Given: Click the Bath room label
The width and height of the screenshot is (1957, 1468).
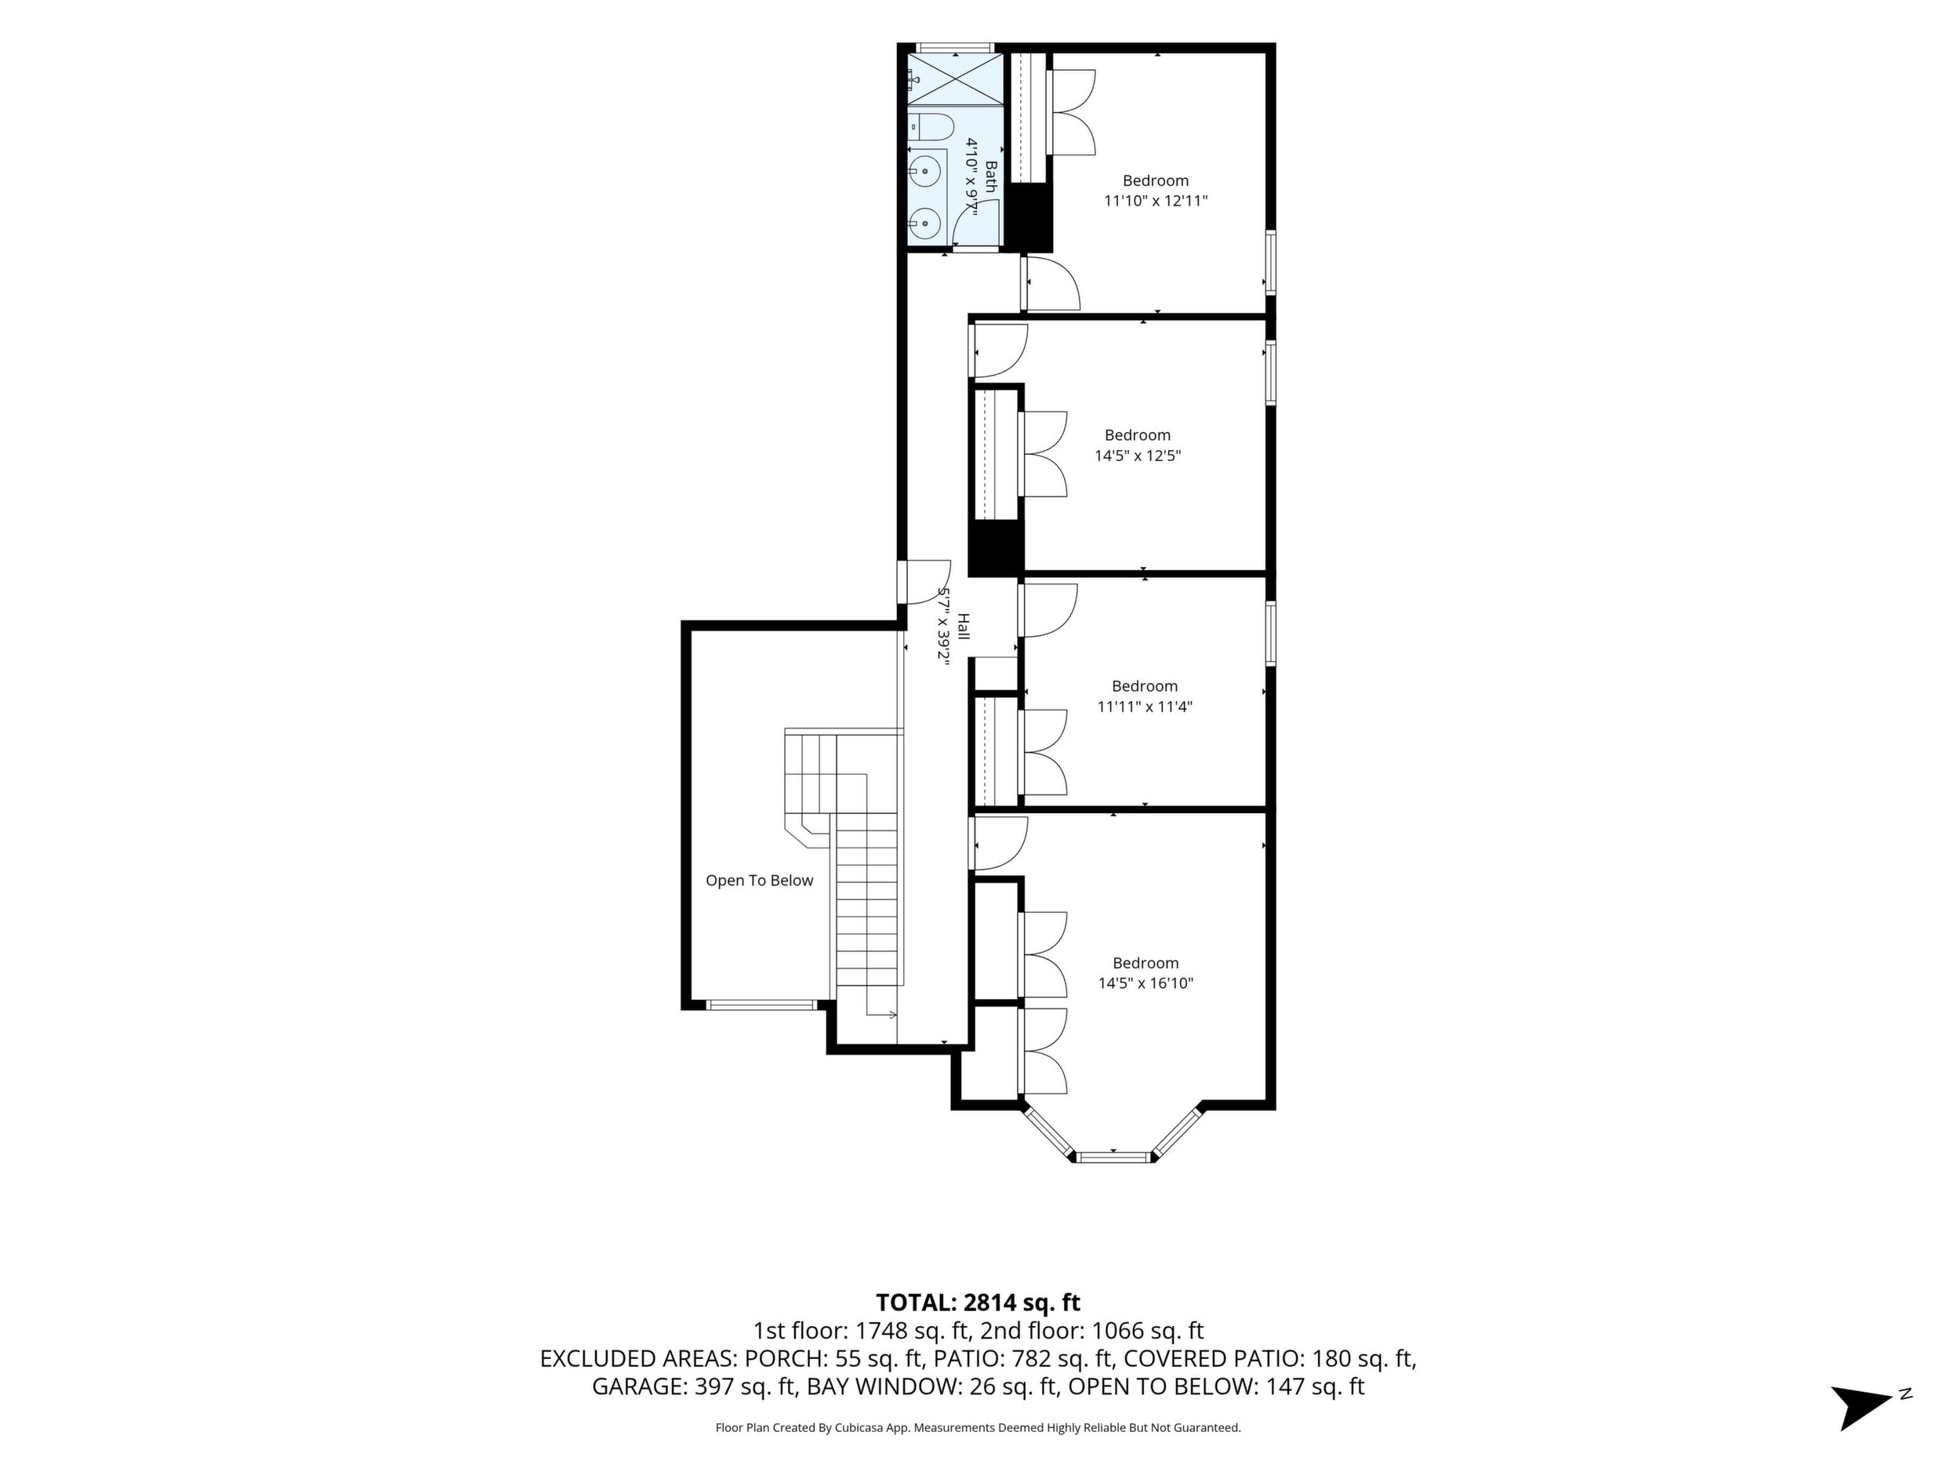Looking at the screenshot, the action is [991, 177].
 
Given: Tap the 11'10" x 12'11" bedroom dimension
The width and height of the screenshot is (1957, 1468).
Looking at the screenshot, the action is [1156, 201].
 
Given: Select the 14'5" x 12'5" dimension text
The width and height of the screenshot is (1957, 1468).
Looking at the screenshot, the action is [1138, 456].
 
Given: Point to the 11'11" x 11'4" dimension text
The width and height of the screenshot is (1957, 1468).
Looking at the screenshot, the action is [1145, 706].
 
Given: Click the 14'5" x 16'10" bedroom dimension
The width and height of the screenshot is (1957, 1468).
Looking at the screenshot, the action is [1146, 983].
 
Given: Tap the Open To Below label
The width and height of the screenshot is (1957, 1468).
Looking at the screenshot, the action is [759, 881].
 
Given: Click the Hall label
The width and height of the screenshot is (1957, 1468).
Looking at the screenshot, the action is [964, 627].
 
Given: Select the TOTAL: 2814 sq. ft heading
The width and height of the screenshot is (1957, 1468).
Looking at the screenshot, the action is [978, 1303].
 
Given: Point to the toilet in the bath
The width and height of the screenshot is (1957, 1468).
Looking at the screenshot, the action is [930, 127].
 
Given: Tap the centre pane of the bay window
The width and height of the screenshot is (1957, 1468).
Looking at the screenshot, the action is [1114, 1157].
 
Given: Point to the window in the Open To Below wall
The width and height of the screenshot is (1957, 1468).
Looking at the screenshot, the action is [762, 1005].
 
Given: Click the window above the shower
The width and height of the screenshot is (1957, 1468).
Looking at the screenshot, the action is [955, 48].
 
